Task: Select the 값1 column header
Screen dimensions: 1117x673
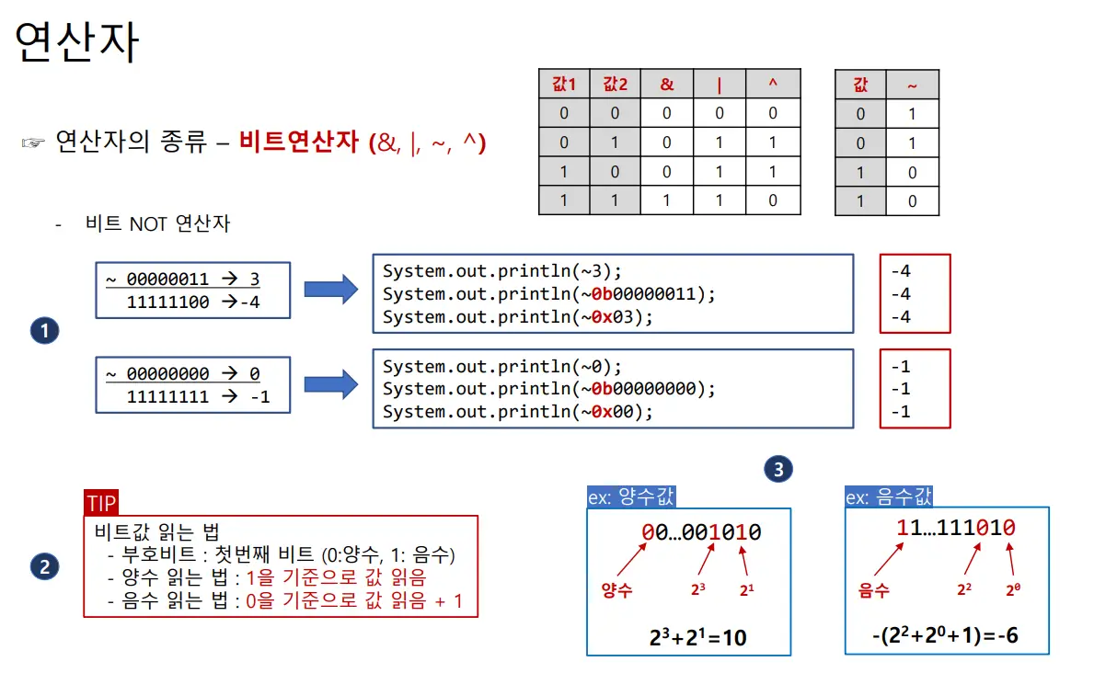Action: point(563,85)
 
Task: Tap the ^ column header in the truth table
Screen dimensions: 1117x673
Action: point(772,85)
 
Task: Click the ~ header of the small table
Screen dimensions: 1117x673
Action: point(912,85)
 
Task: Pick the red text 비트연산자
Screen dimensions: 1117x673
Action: point(299,143)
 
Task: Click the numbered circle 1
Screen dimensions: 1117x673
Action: point(44,331)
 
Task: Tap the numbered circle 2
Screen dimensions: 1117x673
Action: point(44,567)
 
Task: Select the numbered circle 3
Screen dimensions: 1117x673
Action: point(777,470)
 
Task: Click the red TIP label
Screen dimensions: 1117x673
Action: point(100,503)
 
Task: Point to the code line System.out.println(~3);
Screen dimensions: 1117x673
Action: point(502,271)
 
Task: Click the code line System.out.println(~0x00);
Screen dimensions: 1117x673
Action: point(517,412)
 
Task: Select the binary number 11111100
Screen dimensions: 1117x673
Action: point(167,302)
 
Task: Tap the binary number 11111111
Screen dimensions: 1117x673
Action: point(167,397)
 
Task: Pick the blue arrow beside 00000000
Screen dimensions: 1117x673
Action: point(330,382)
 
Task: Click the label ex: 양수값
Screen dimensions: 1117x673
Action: point(631,497)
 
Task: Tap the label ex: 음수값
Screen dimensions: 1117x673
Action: point(889,497)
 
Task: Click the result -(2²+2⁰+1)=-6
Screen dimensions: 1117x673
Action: point(945,635)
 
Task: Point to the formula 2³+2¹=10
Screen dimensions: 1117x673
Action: point(696,635)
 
